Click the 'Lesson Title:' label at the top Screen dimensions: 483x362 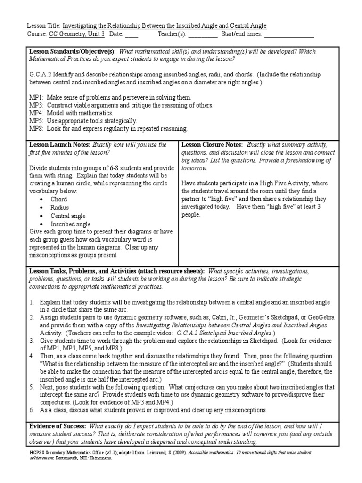coord(44,26)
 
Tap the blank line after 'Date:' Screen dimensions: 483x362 coord(132,35)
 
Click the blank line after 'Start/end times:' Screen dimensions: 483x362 coord(288,35)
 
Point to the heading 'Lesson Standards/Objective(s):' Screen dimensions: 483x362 coord(73,51)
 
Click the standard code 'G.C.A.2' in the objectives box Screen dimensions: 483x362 coord(40,75)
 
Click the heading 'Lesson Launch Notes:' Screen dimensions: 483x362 coord(60,144)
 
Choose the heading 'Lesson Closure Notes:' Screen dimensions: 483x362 coord(212,144)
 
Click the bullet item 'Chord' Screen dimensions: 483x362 coord(59,199)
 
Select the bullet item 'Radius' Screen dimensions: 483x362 coord(60,207)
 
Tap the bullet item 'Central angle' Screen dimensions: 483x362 coord(68,216)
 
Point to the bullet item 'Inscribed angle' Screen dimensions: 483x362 coord(71,224)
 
